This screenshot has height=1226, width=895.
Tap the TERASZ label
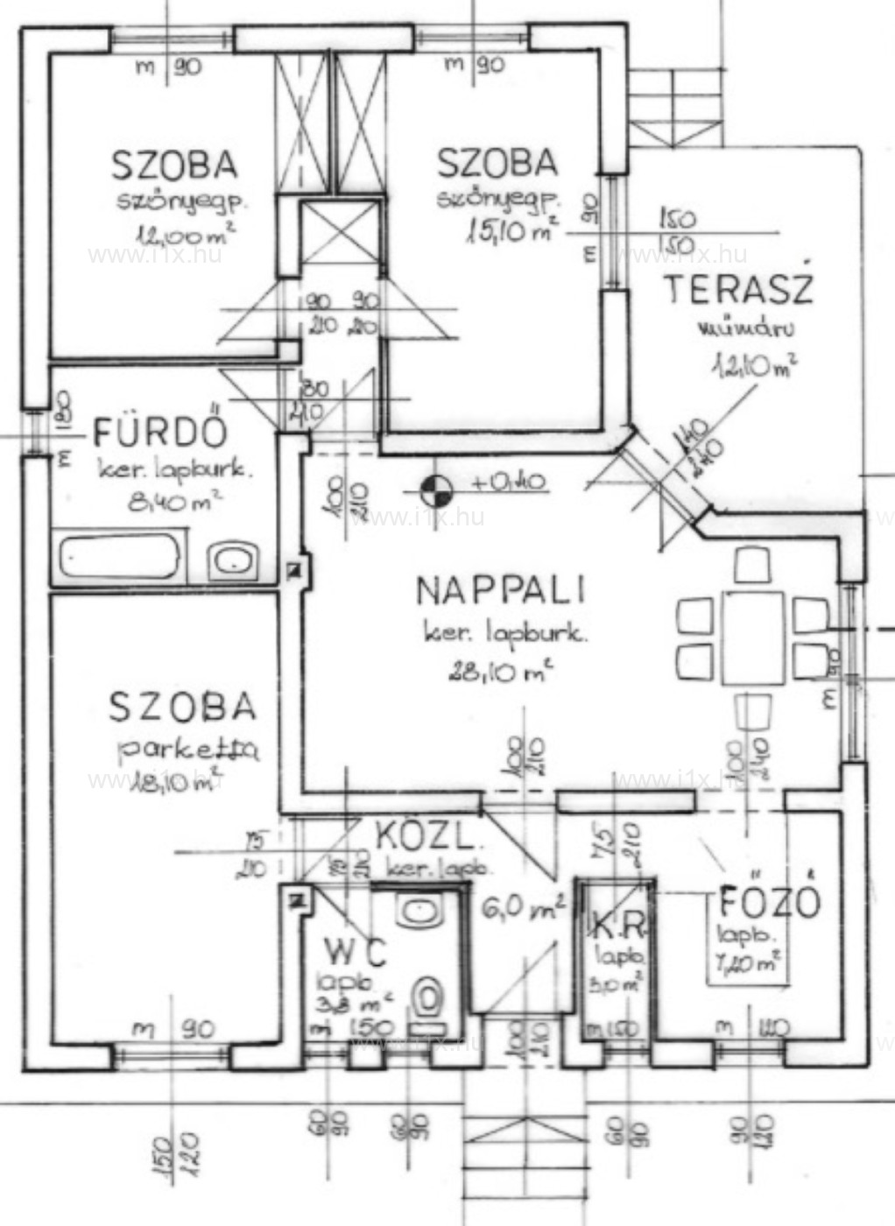click(738, 288)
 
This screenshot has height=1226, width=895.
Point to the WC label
click(354, 949)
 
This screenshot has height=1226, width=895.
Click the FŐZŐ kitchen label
click(768, 902)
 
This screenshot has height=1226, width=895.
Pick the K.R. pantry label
click(619, 924)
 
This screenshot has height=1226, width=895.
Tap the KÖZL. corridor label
click(429, 837)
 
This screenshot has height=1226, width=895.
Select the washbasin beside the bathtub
click(233, 558)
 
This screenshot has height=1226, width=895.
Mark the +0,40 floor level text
click(508, 482)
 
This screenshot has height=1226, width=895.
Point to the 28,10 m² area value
click(501, 672)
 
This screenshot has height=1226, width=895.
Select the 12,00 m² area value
click(185, 235)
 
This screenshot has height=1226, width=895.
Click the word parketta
click(187, 750)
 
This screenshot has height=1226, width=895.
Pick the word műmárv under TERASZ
click(745, 329)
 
